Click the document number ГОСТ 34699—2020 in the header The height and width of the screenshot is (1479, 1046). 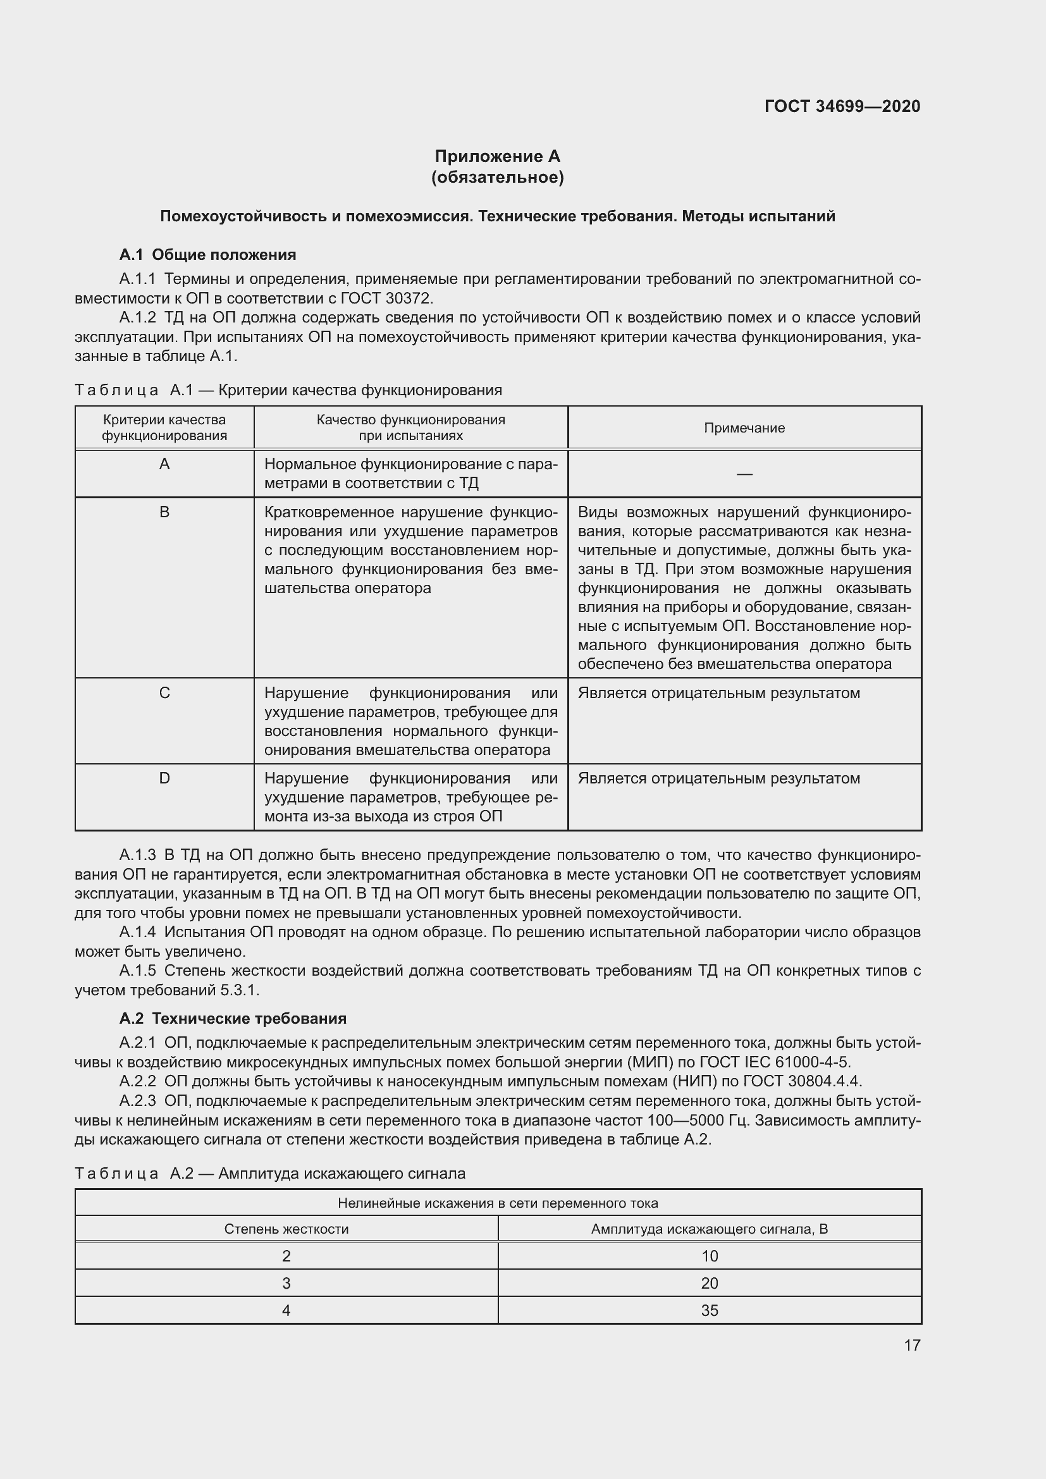(842, 106)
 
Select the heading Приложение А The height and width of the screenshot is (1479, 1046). (497, 157)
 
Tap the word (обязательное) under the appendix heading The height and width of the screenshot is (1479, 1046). (497, 177)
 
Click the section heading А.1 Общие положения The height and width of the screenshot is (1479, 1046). (207, 254)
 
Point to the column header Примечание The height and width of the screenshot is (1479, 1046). (744, 427)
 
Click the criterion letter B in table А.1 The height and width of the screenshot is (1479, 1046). (164, 512)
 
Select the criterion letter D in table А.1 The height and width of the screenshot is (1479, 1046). (164, 778)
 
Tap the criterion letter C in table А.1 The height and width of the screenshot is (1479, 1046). (164, 693)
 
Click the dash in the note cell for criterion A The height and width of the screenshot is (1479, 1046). (744, 474)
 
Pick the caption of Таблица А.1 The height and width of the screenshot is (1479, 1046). (288, 390)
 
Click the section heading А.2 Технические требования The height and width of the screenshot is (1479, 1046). (233, 1019)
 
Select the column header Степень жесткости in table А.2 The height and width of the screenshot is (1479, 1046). (286, 1229)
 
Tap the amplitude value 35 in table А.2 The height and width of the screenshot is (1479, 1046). (709, 1310)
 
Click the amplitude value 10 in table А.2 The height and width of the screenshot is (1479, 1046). (709, 1256)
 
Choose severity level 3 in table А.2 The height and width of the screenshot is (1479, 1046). (286, 1283)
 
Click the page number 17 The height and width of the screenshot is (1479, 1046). (911, 1345)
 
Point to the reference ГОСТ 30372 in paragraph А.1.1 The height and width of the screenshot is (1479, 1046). (386, 298)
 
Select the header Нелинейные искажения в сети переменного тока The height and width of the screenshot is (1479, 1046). (497, 1203)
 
